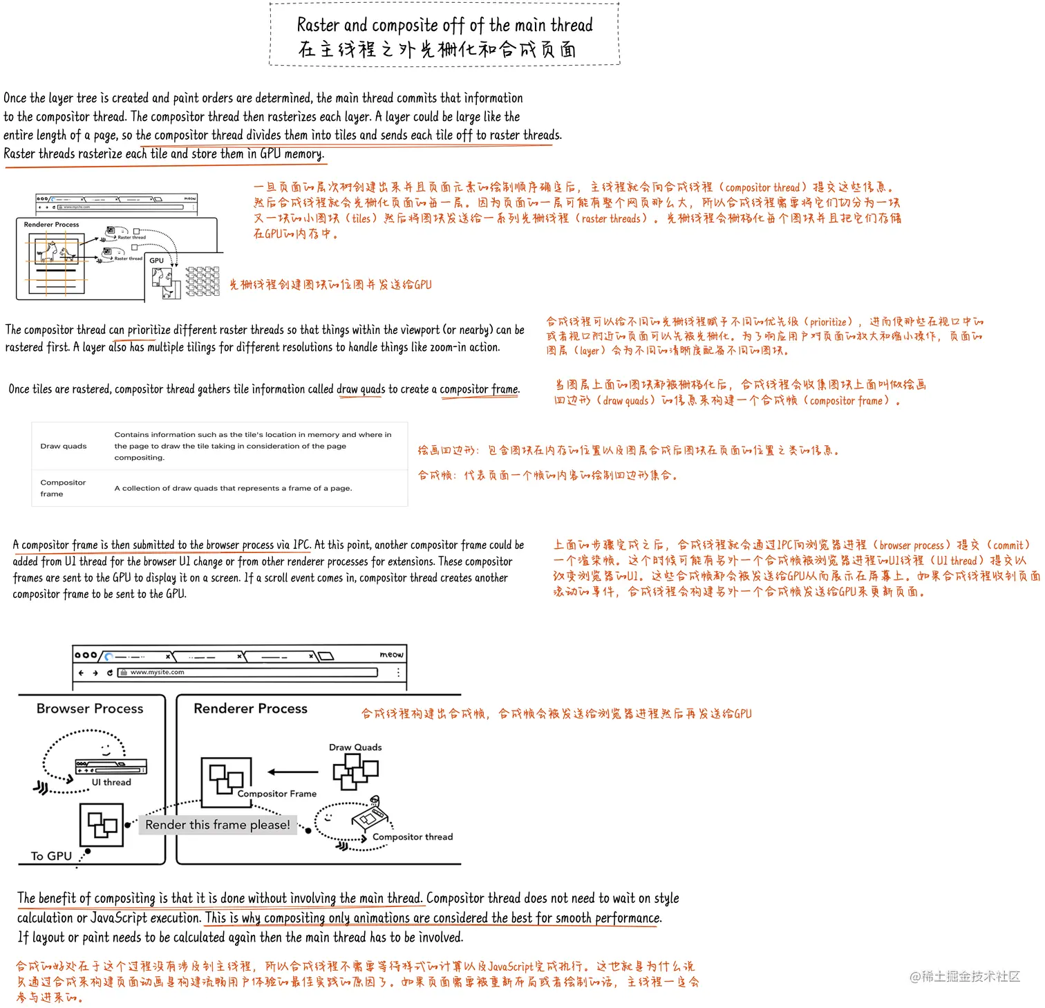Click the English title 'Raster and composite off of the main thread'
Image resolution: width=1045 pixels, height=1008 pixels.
coord(444,26)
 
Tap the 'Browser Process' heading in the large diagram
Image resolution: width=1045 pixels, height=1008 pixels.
coord(90,709)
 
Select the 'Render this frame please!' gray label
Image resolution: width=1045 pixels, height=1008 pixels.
coord(218,825)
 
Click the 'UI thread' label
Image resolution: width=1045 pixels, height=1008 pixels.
coord(111,783)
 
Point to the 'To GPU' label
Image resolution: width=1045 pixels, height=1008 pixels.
coord(51,856)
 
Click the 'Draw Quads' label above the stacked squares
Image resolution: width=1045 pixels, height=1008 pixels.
coord(355,747)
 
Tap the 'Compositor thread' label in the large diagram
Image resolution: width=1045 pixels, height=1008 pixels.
coord(413,837)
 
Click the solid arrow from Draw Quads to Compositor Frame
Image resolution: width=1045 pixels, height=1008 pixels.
coord(293,772)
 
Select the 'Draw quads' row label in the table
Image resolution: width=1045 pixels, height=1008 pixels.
coord(64,447)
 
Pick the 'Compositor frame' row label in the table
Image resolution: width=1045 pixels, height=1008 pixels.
coord(63,488)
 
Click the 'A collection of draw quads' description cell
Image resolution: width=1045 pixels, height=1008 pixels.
coord(233,488)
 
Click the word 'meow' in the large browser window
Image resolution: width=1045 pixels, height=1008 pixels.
coord(391,654)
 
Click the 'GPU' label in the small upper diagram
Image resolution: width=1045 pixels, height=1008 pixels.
coord(157,261)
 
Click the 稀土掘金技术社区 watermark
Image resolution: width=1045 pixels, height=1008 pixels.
coord(965,976)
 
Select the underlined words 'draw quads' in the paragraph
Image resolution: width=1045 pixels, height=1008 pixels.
coord(361,389)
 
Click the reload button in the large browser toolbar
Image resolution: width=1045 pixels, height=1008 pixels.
coord(110,672)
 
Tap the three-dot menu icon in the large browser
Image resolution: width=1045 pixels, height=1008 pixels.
coord(398,672)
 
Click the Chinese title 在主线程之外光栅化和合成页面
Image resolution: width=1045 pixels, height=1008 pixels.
coord(437,50)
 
